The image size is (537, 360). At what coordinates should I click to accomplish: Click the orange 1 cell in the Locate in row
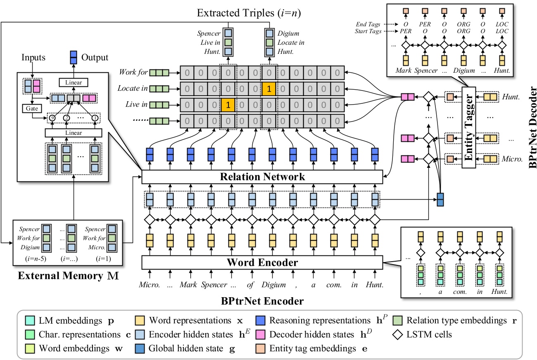pyautogui.click(x=268, y=88)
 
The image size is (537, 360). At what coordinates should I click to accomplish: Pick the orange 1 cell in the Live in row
pyautogui.click(x=228, y=105)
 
